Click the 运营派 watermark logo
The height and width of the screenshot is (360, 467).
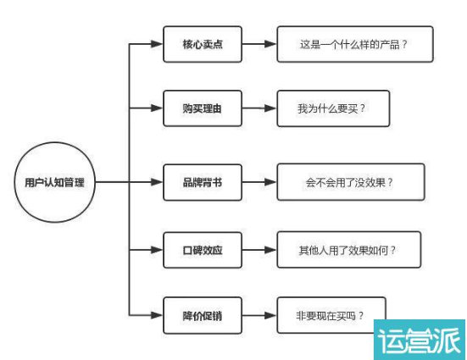[x=420, y=340]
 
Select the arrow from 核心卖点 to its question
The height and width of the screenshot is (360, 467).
[x=259, y=44]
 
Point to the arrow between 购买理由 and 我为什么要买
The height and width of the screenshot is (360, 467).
[x=259, y=108]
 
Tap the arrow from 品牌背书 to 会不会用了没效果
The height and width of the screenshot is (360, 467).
[x=259, y=182]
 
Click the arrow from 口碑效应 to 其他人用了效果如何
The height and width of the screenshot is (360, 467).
[x=259, y=250]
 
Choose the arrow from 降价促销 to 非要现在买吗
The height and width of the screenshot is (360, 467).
[x=259, y=315]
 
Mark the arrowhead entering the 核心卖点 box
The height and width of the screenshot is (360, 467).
[x=157, y=44]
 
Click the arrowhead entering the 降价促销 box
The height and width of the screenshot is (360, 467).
[x=157, y=315]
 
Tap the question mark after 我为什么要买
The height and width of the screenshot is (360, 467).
[x=362, y=108]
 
